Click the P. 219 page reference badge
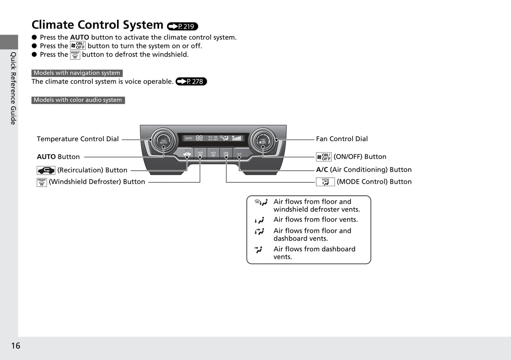(182, 26)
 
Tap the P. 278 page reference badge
(191, 82)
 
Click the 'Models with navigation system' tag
(77, 73)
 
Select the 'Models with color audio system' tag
(78, 100)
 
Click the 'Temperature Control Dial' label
(78, 139)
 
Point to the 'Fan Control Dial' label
(342, 139)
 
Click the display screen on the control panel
(213, 138)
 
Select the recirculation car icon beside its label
(46, 170)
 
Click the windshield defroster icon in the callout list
(42, 182)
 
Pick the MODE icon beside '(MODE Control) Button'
(325, 182)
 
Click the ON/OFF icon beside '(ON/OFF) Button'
(324, 157)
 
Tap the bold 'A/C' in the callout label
(322, 170)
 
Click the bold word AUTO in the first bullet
(80, 37)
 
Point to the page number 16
(16, 346)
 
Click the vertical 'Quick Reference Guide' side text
(13, 88)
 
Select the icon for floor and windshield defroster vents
(261, 202)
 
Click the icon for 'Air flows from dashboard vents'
(259, 250)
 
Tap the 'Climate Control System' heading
(97, 25)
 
